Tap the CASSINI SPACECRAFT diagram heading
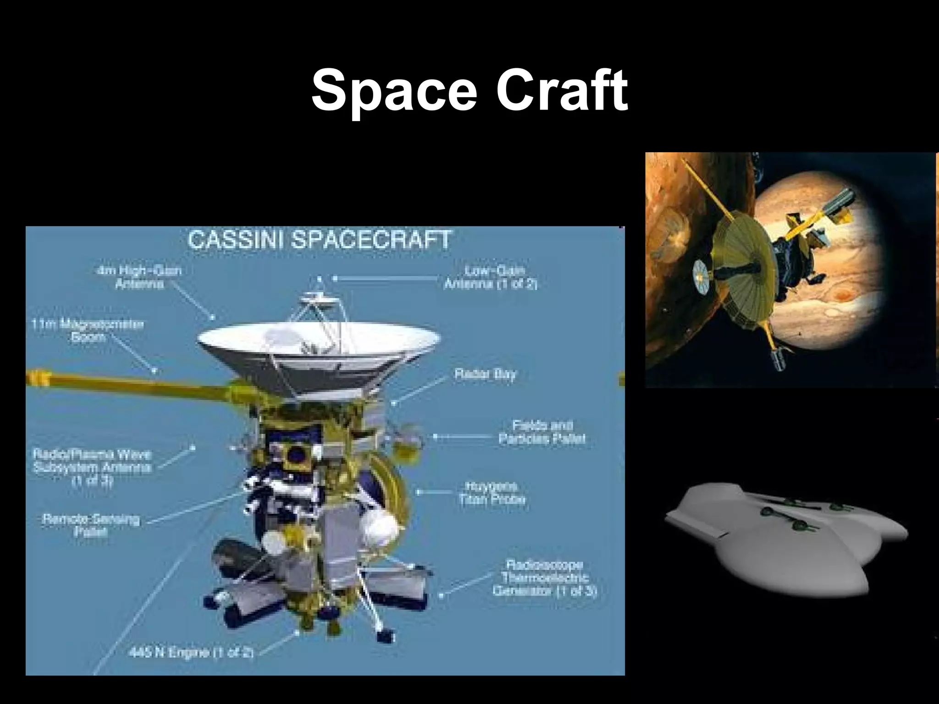tap(320, 240)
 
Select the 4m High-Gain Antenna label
tap(139, 277)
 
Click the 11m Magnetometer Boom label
tap(88, 331)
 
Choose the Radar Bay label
tap(485, 374)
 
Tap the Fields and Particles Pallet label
tap(542, 432)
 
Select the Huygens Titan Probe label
tap(492, 493)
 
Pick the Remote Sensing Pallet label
tap(91, 526)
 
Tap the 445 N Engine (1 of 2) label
tap(191, 652)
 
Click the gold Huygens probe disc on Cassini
tap(390, 490)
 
